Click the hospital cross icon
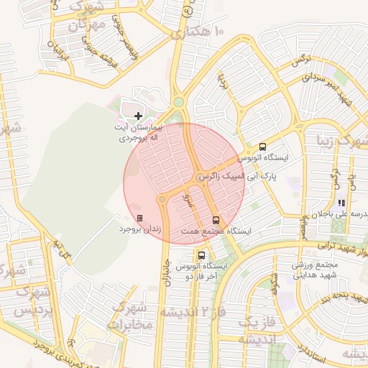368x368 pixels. [x=138, y=116]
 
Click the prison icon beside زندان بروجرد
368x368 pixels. [x=139, y=218]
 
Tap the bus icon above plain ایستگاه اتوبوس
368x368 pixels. [x=262, y=146]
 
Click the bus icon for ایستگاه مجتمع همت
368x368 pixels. [x=216, y=220]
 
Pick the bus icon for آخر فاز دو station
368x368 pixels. [x=201, y=254]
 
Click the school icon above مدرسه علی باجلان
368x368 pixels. [x=341, y=203]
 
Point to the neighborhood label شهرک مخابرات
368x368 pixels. [x=129, y=316]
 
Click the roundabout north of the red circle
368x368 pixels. [x=178, y=102]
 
